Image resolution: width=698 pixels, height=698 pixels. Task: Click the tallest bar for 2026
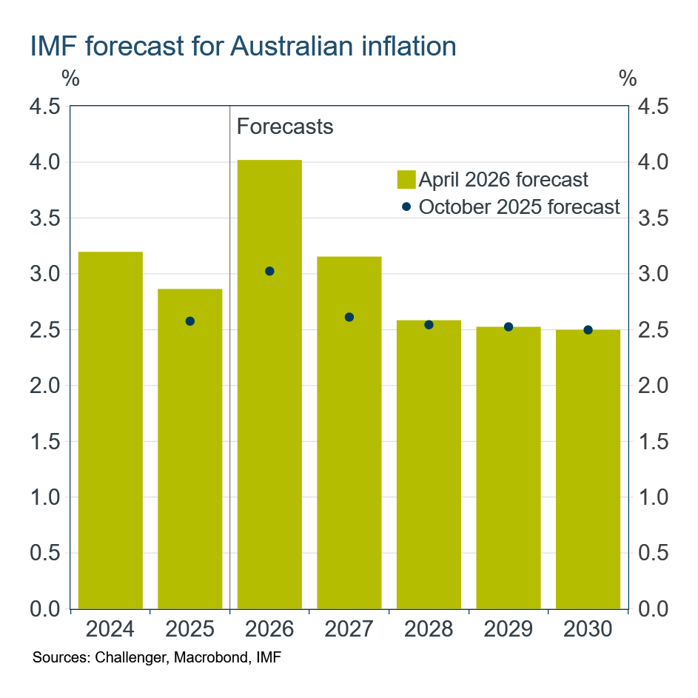269,385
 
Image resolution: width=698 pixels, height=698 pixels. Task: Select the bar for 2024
110,429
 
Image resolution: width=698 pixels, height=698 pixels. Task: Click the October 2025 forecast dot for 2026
269,272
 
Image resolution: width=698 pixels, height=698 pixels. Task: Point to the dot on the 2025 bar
190,321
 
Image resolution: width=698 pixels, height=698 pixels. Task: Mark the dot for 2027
349,318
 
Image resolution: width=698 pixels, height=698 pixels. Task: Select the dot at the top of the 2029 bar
509,326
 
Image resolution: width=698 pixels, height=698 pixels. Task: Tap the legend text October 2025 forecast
519,207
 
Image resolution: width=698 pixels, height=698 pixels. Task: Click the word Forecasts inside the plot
285,127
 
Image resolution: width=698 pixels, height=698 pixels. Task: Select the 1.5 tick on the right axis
651,442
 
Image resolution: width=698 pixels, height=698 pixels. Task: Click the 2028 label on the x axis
429,630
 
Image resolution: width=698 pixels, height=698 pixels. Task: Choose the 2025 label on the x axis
190,630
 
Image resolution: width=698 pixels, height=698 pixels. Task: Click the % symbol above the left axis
70,78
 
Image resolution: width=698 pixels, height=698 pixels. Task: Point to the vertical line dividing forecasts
230,370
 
